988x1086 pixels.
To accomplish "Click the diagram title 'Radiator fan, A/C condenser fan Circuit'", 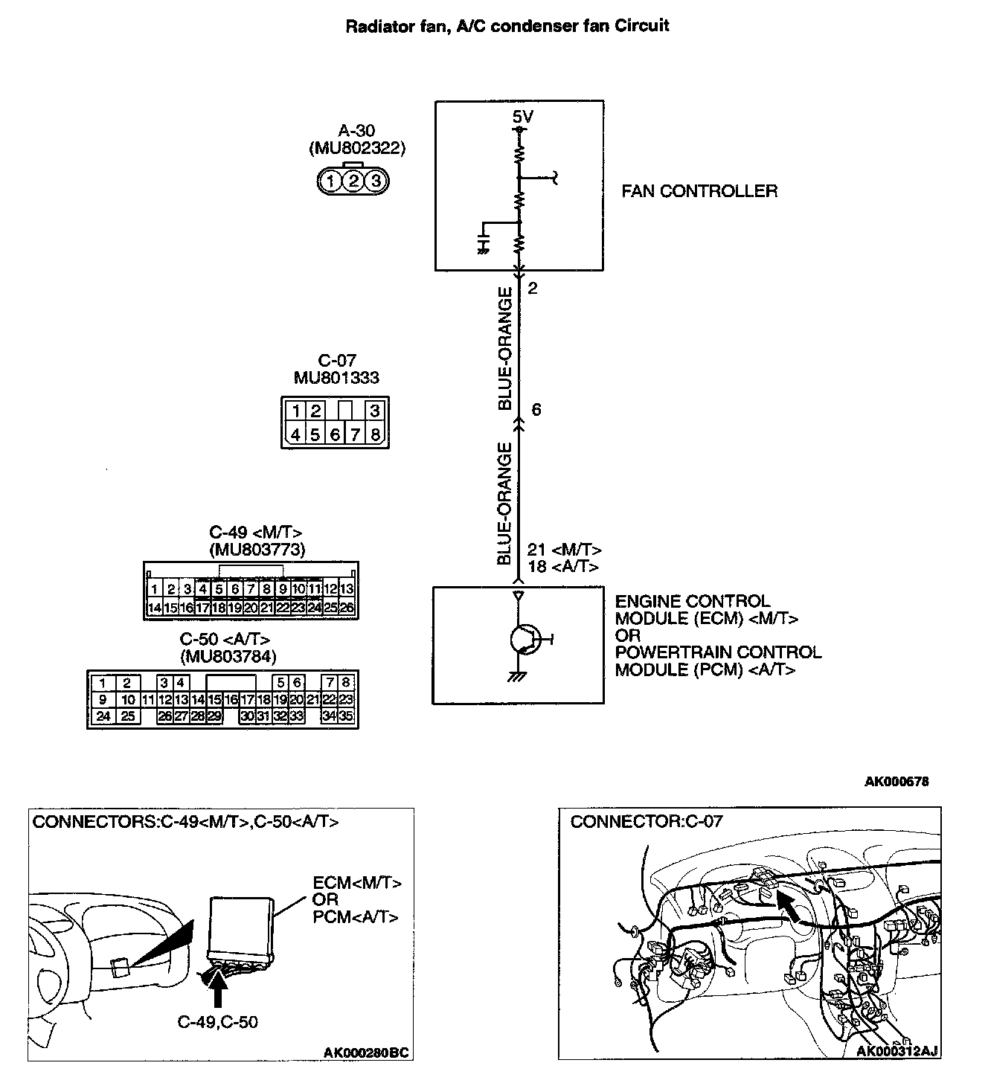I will coord(507,26).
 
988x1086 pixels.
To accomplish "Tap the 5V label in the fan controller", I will coord(523,117).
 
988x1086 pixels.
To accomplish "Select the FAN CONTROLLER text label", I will coord(699,191).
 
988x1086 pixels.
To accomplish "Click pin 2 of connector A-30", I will coord(354,181).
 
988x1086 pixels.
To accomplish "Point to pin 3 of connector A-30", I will coord(376,181).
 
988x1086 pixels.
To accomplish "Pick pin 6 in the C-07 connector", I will coord(335,434).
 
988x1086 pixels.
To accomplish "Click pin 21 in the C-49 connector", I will coord(267,608).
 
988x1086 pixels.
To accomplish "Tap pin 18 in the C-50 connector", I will coord(263,699).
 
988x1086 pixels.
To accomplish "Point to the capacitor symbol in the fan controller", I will coord(484,244).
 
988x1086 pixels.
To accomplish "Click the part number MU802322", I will coord(357,149).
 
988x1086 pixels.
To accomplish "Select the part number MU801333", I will coord(336,378).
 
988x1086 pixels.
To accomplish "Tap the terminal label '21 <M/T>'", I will coord(564,550).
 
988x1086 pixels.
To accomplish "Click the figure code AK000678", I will coord(896,782).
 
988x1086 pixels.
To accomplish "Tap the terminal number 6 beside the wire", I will coord(536,410).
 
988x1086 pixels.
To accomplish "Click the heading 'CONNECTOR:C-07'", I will coord(646,822).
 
